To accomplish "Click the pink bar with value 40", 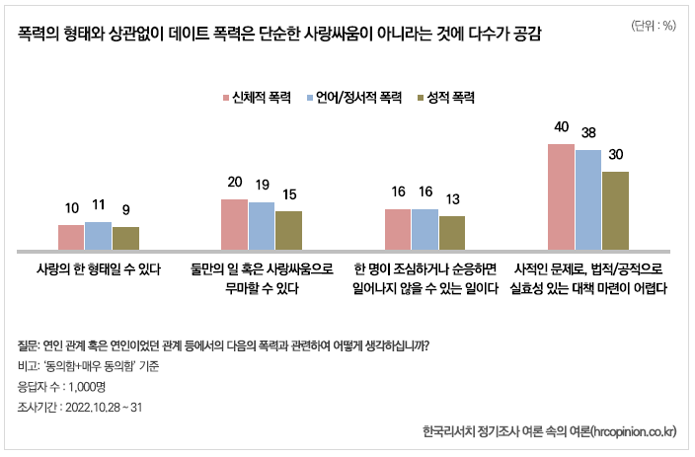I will coord(561,196).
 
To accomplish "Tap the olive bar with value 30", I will coord(615,210).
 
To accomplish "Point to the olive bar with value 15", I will coord(288,230).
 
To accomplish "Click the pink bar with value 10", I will coord(71,237).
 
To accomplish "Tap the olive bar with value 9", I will coord(125,238).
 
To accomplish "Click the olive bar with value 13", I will coord(452,232).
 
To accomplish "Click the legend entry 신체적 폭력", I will coord(255,98).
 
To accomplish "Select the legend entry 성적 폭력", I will coord(450,98).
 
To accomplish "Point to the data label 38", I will coord(589,132).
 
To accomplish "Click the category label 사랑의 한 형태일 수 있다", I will coord(99,268).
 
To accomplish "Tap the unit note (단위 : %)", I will coord(653,26).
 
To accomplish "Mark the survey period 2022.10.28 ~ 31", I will coord(111,407).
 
